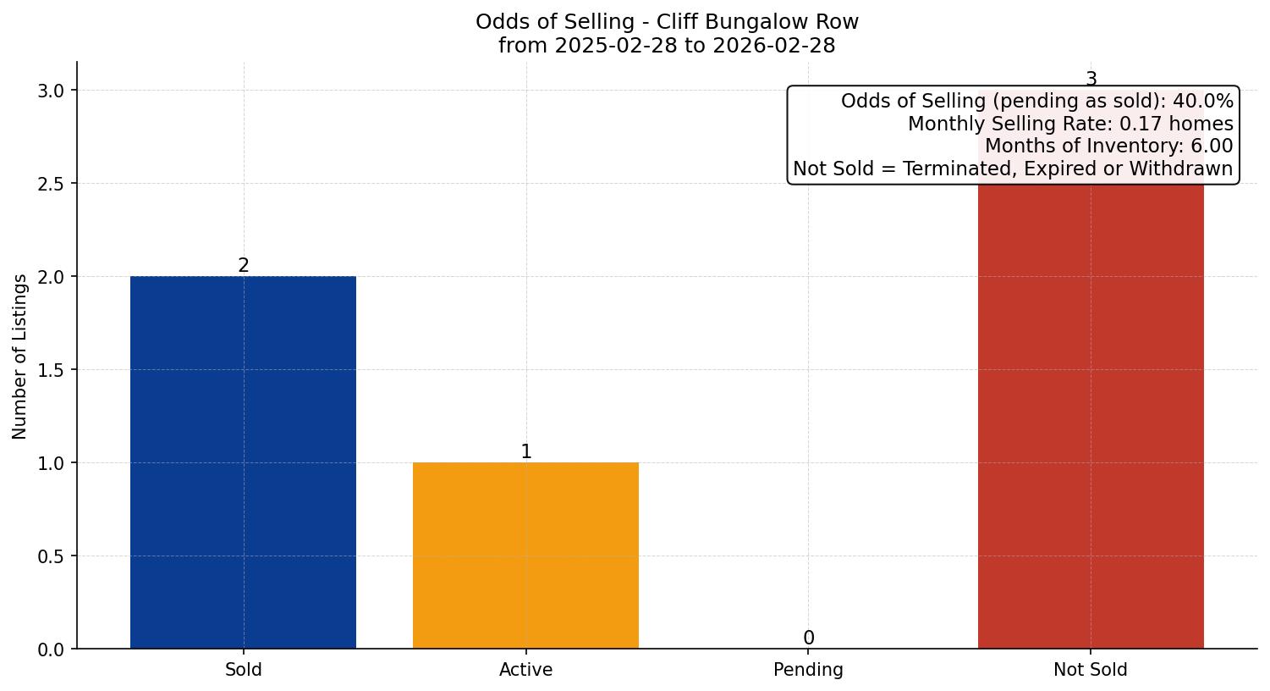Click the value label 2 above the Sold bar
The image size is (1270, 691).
click(x=244, y=266)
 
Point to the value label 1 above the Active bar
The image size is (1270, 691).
click(x=526, y=452)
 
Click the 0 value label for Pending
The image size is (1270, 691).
click(x=809, y=638)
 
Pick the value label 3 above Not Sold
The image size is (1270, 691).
click(x=1091, y=80)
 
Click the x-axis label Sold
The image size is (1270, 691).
click(x=243, y=670)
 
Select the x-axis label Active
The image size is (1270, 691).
click(x=525, y=670)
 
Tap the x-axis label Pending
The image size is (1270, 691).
click(x=808, y=670)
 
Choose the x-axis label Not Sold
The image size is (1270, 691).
click(x=1090, y=670)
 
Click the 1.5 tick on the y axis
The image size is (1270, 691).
click(x=52, y=370)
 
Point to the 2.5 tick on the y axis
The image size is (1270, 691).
click(x=52, y=184)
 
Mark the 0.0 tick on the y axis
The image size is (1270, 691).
click(x=52, y=650)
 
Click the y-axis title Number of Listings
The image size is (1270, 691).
click(x=20, y=356)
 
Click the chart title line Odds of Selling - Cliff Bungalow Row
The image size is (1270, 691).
click(x=667, y=22)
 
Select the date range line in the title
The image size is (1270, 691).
click(x=667, y=46)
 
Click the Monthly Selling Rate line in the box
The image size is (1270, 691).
click(x=1070, y=124)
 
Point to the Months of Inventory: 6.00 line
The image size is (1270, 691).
click(x=1108, y=146)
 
